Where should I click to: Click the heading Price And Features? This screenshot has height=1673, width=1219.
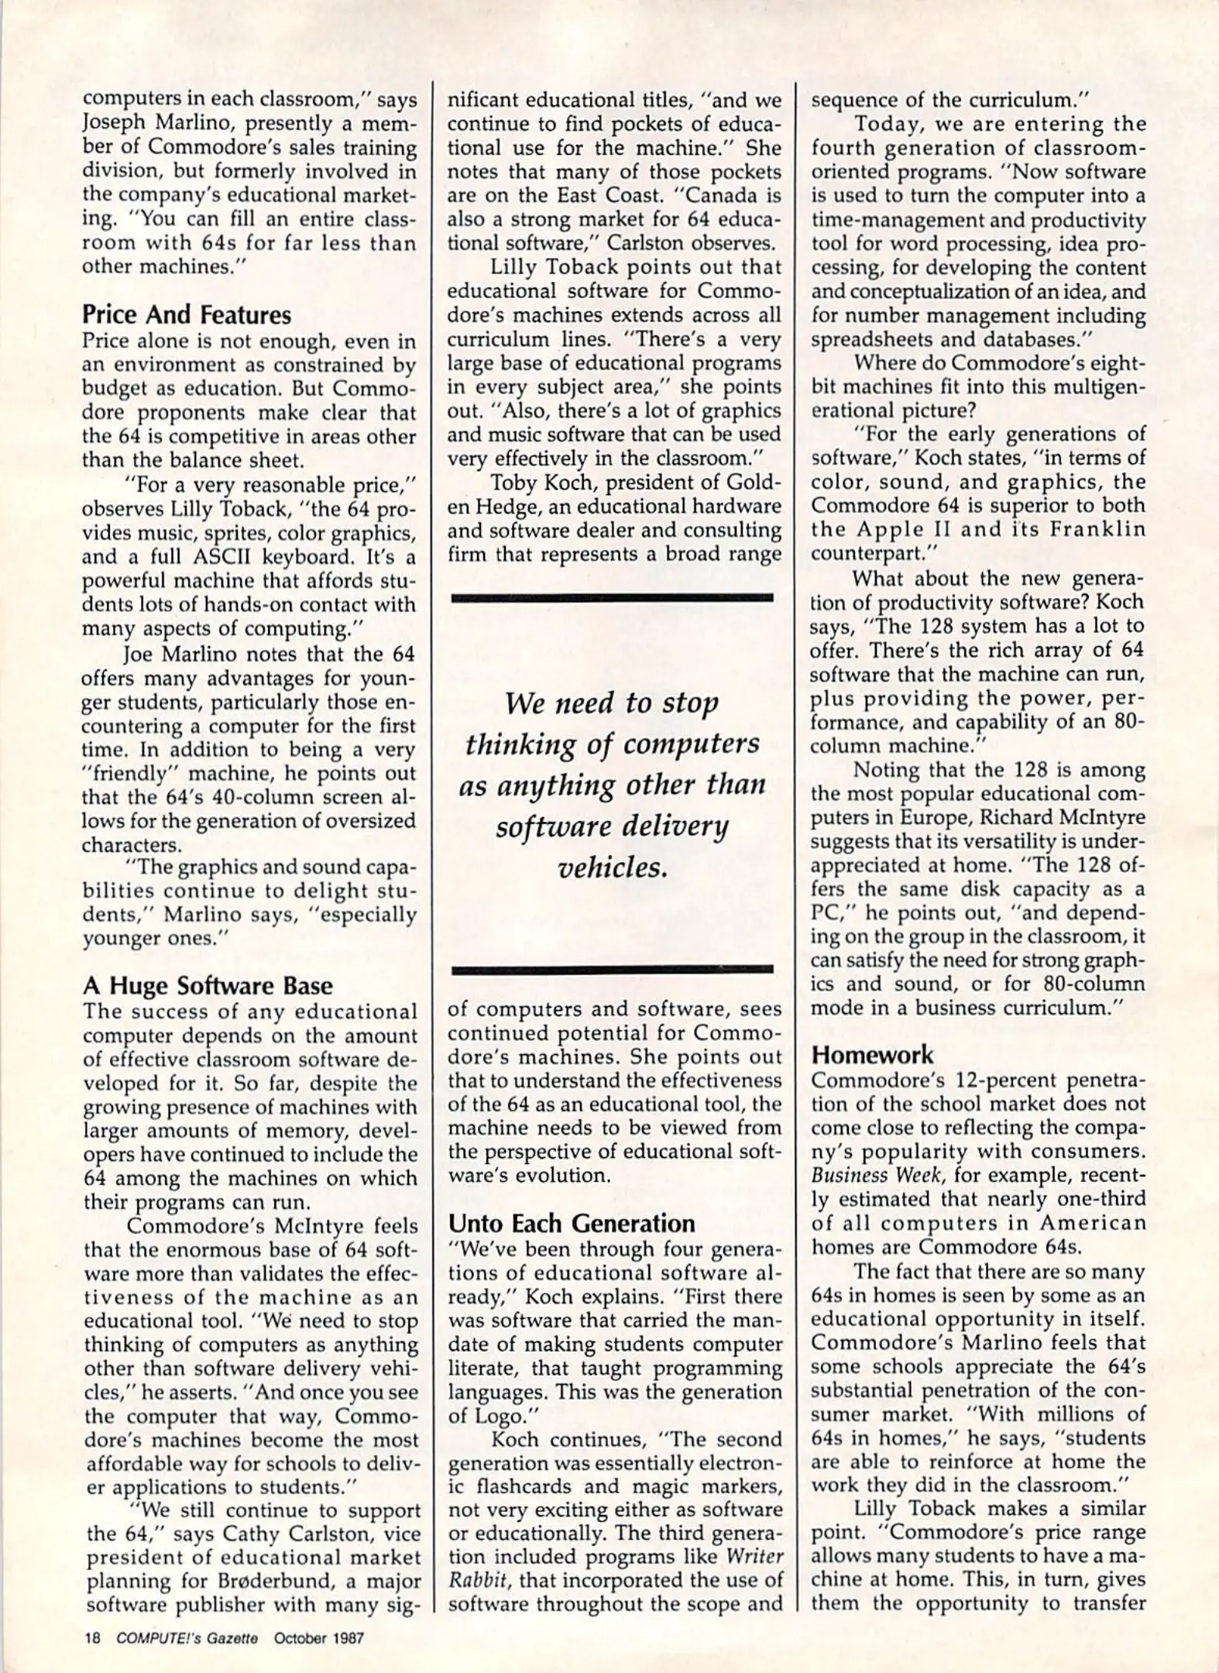[x=187, y=315]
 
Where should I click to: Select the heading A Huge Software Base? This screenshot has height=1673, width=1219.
[x=208, y=985]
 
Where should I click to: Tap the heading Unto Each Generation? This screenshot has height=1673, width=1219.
[x=572, y=1223]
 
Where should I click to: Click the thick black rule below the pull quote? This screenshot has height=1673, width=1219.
[x=611, y=968]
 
